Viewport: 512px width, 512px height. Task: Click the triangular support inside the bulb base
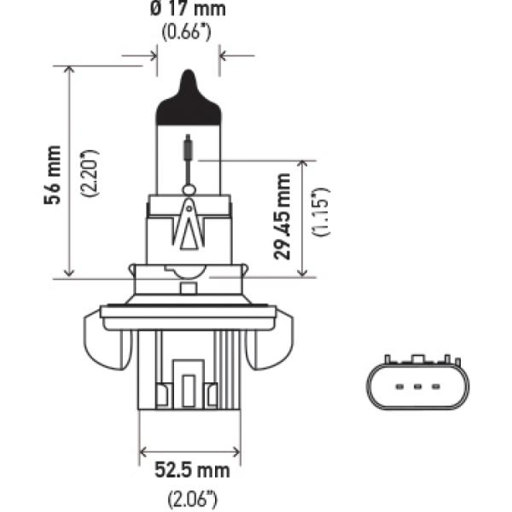coord(189,226)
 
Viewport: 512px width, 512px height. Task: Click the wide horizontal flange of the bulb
coord(189,311)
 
